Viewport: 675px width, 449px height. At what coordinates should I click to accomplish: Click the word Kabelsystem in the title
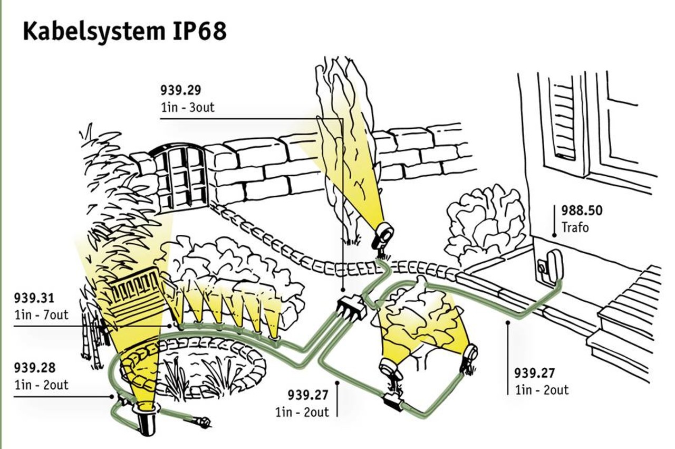tap(92, 32)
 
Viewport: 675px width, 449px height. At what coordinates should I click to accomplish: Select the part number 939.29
tap(181, 90)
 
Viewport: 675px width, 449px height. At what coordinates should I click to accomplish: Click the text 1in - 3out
tap(187, 107)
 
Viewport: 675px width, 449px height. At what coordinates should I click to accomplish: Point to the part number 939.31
tap(34, 299)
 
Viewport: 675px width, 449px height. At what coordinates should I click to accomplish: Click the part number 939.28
tap(34, 368)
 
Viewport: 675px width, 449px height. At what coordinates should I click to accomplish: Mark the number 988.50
tap(582, 211)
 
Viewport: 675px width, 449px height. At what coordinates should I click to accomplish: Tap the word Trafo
tap(574, 228)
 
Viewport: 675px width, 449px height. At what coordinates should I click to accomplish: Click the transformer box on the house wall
tap(552, 264)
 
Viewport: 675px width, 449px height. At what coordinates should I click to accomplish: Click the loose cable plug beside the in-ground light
tap(203, 422)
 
